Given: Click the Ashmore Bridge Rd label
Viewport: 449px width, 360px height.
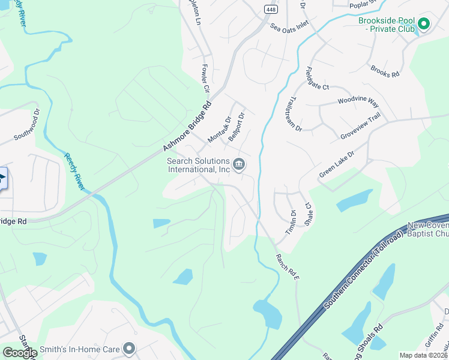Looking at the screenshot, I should (x=187, y=126).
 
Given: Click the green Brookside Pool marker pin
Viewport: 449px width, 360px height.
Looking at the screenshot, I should (x=424, y=24).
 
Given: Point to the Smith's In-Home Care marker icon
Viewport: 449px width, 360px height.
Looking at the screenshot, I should (x=128, y=348).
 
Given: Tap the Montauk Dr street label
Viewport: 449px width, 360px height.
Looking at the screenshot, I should (x=219, y=130).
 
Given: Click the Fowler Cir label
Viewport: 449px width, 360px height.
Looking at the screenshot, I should (x=205, y=79).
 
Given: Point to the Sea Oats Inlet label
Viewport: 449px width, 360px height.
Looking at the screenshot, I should (x=289, y=26).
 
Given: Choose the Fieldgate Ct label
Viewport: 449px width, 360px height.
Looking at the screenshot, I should (x=318, y=78).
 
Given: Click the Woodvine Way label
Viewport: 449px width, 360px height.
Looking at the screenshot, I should (x=358, y=101).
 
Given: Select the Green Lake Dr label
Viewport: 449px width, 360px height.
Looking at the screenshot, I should (x=337, y=164).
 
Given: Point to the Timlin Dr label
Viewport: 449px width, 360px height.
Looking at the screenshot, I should (x=294, y=221).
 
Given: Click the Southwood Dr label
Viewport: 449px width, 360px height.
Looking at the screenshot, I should (x=26, y=124).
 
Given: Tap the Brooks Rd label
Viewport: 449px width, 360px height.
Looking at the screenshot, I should (x=385, y=71).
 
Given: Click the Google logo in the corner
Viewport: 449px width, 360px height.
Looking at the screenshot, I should (x=19, y=353).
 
